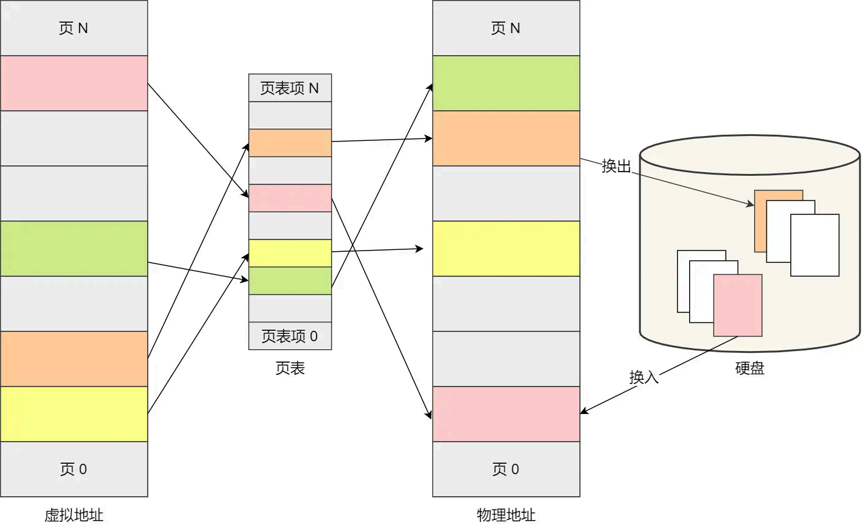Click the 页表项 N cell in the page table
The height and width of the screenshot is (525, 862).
coord(290,88)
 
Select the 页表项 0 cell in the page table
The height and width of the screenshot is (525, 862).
coord(290,336)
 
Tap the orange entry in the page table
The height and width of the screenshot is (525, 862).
coord(290,143)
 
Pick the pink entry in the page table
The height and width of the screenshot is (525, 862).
coord(290,198)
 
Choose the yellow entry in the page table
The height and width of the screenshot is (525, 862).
coord(290,253)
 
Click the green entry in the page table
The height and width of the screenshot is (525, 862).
coord(290,281)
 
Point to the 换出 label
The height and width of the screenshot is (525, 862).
coord(616,166)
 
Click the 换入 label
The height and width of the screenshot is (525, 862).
coord(644,377)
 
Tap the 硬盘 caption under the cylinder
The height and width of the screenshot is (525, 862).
coord(750,368)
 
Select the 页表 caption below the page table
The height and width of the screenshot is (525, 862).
coord(290,368)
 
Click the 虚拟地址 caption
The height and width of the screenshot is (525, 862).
coord(74,515)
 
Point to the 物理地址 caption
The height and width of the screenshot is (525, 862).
coord(506,515)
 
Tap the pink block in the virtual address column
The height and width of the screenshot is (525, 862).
coord(74,83)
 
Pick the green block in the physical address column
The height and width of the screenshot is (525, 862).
coord(506,83)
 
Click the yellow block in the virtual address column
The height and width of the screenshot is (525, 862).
coord(74,414)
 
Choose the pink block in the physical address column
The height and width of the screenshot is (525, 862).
coord(506,414)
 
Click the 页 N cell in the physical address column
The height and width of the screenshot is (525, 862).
coord(506,28)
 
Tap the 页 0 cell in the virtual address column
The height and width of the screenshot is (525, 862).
coord(74,469)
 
